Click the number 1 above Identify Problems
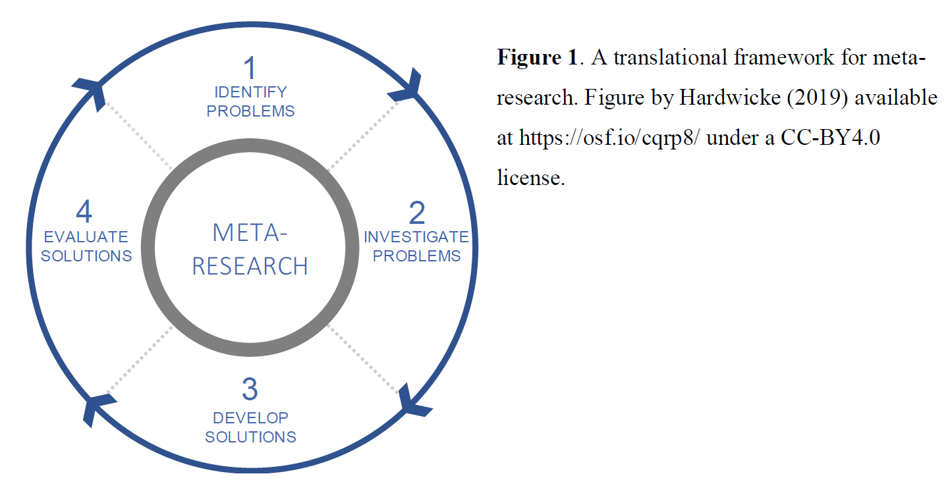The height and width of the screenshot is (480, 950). pos(250,68)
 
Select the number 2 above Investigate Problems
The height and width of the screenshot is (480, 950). pos(416,214)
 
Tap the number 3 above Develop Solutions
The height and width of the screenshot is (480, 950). pos(250,390)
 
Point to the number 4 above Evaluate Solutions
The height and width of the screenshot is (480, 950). pos(84,213)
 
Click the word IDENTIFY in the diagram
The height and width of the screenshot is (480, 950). pos(250,92)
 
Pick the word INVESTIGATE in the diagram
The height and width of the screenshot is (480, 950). pos(416,237)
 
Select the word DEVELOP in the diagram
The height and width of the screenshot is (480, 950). pos(250,417)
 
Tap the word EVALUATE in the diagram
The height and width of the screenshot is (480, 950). pos(86,236)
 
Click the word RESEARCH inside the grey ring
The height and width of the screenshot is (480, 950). pos(250,266)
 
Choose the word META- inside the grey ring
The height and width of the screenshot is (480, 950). pos(250,232)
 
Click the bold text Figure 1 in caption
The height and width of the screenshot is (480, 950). pos(537,58)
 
